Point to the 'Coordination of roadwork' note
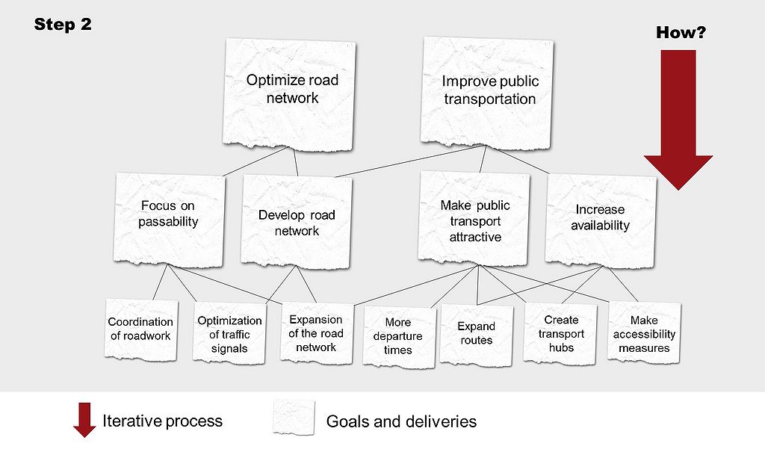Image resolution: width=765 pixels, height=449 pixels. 140,329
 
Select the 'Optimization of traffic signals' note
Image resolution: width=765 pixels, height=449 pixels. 229,333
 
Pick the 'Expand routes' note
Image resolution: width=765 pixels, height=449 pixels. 477,333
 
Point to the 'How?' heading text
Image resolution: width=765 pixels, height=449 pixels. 681,32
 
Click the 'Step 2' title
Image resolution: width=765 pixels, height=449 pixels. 63,24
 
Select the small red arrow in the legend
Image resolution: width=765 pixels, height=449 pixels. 84,419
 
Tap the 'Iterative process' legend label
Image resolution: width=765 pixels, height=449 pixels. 162,421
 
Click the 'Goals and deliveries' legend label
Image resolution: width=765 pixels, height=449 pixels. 401,421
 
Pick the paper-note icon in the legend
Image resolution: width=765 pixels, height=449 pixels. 294,418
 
